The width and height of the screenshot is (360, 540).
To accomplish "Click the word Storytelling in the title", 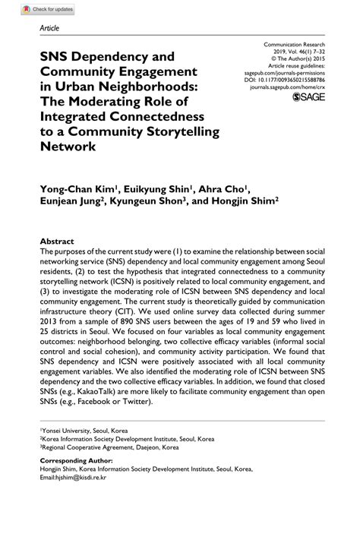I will pyautogui.click(x=178, y=131).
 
